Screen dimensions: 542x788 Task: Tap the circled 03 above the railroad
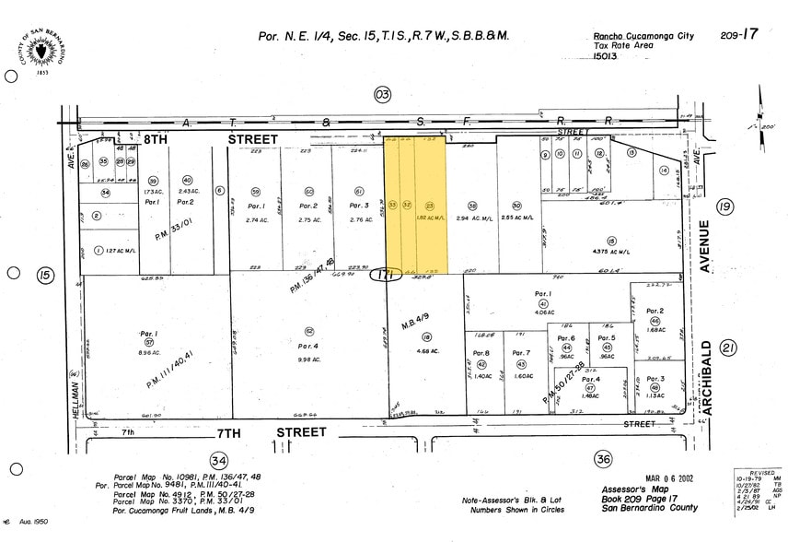pyautogui.click(x=382, y=94)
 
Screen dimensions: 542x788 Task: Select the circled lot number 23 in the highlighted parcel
pyautogui.click(x=429, y=206)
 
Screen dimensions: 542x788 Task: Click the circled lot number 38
pyautogui.click(x=473, y=206)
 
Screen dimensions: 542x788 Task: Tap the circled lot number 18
pyautogui.click(x=426, y=337)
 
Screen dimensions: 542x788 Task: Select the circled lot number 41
pyautogui.click(x=543, y=303)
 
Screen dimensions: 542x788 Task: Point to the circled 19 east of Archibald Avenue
pyautogui.click(x=725, y=206)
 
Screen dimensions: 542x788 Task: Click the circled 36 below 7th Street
pyautogui.click(x=603, y=459)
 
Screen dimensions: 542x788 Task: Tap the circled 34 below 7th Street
pyautogui.click(x=218, y=460)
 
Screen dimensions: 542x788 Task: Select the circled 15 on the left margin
pyautogui.click(x=44, y=275)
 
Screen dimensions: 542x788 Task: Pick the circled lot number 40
pyautogui.click(x=187, y=181)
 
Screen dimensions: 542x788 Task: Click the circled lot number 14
pyautogui.click(x=663, y=170)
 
